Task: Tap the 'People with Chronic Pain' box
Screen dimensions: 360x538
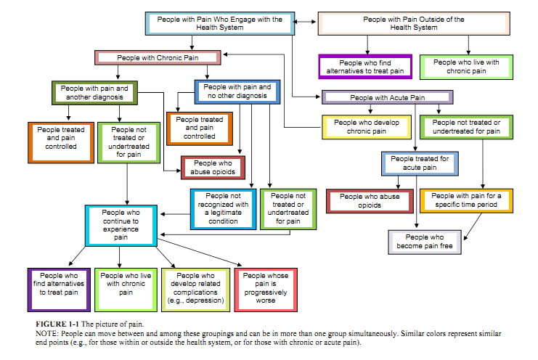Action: point(157,57)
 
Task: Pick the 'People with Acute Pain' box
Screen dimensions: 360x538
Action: point(387,97)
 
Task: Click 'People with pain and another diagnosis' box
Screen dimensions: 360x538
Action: point(95,92)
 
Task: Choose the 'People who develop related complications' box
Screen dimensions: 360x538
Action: point(194,288)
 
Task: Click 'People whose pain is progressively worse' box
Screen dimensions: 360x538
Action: point(264,288)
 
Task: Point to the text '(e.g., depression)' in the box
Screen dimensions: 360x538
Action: point(194,300)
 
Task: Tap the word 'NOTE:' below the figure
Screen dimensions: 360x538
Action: point(48,331)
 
